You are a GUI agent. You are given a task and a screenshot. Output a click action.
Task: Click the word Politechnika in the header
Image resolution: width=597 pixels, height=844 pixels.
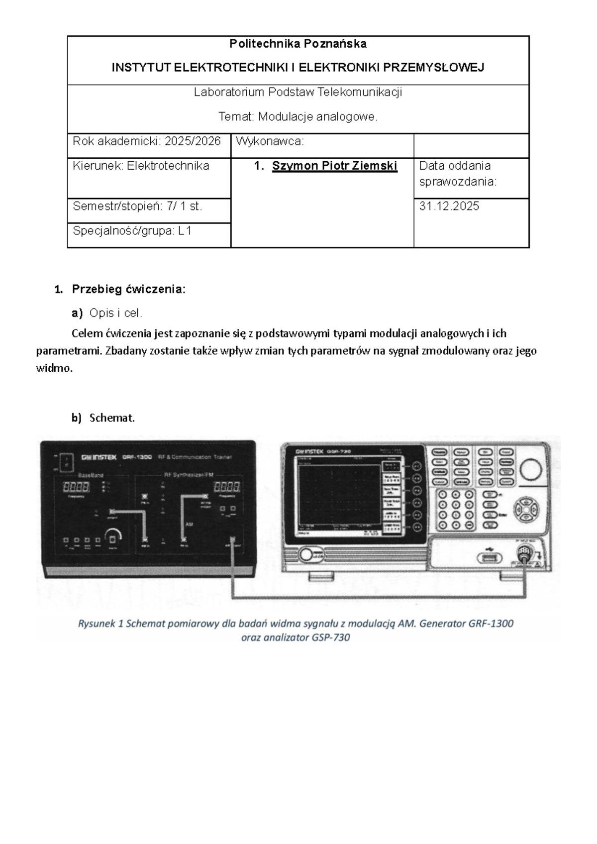click(262, 44)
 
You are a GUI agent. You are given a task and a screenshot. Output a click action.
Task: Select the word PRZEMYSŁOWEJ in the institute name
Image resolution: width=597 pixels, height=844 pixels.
click(440, 68)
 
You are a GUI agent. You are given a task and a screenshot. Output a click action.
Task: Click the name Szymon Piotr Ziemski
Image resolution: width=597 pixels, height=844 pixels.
click(334, 166)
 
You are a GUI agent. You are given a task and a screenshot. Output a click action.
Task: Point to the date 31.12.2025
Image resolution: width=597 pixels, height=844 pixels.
click(449, 207)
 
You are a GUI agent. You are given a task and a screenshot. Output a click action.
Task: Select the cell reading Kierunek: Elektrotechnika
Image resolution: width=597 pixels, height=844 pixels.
click(141, 166)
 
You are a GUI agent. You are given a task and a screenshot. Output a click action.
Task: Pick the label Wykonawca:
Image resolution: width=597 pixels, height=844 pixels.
click(270, 141)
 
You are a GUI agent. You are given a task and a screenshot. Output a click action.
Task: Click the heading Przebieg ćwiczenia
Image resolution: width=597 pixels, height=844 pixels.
click(128, 289)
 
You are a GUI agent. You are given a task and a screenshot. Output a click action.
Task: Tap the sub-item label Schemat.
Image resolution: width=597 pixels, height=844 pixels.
click(112, 418)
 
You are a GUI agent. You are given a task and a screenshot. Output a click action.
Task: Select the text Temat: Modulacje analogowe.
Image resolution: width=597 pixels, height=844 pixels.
click(298, 117)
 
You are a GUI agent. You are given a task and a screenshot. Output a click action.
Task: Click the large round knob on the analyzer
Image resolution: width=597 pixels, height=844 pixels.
click(532, 470)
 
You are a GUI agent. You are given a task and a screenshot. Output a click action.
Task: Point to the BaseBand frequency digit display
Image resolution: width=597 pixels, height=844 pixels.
click(76, 487)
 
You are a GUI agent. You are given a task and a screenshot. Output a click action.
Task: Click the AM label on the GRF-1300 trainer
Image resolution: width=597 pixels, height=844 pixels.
click(189, 525)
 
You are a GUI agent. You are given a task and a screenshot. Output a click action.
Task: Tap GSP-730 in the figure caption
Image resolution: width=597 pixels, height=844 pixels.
click(330, 637)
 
